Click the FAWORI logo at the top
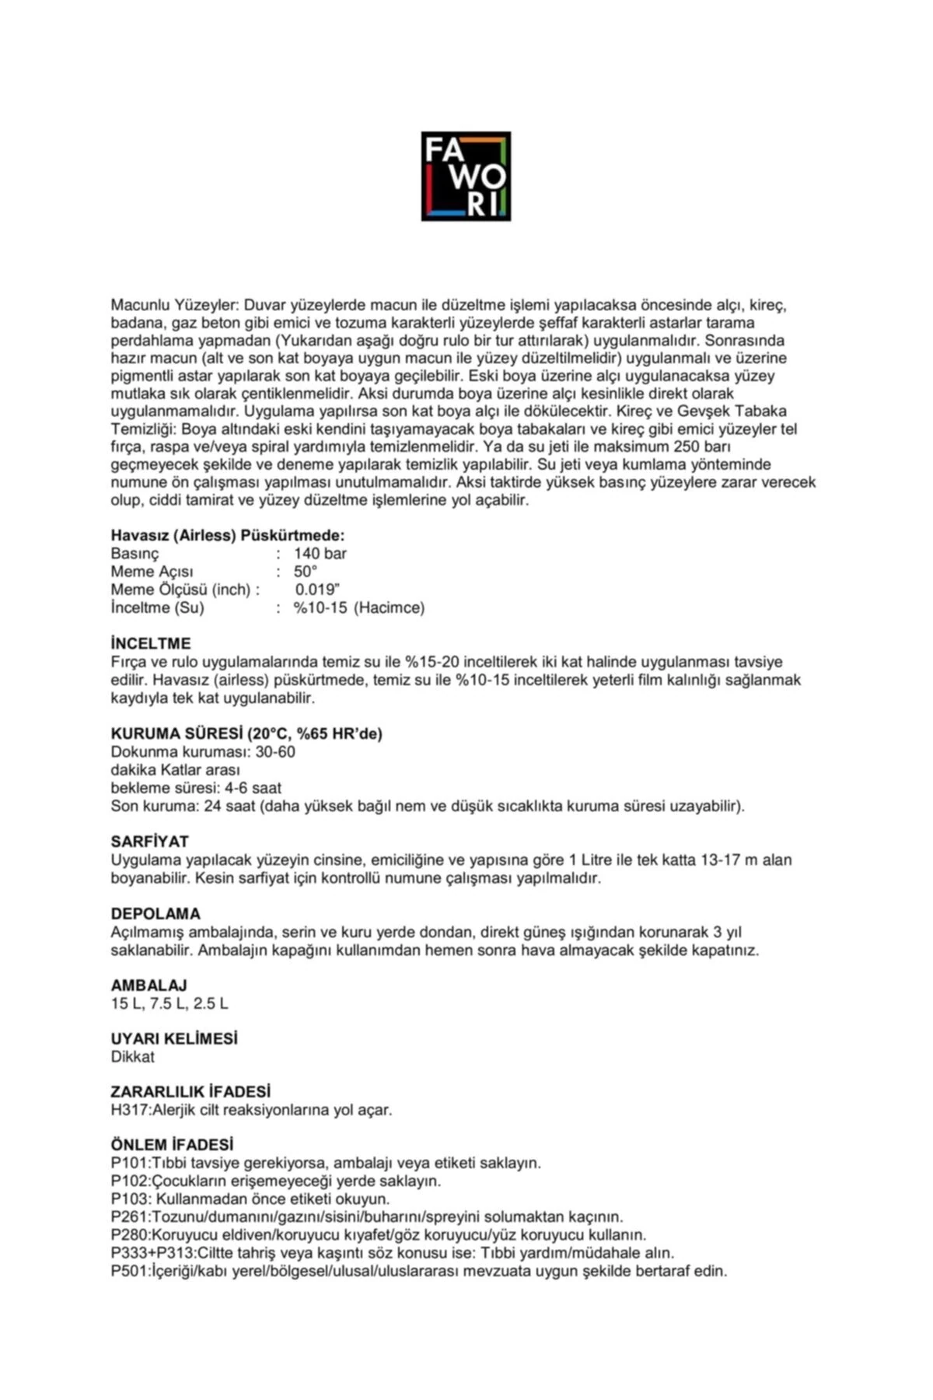coord(466,176)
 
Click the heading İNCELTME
coord(151,644)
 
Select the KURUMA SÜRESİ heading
coord(246,733)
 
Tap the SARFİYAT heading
coord(150,842)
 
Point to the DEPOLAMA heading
coord(155,913)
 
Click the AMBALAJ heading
coord(149,985)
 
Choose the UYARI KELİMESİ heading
coord(174,1038)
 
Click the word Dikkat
coord(133,1057)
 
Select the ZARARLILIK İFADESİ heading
coord(190,1091)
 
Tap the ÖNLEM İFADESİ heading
coord(172,1145)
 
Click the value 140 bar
coord(320,554)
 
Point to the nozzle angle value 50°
coord(306,572)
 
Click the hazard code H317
coord(129,1110)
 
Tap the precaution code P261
coord(129,1216)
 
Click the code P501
coord(129,1272)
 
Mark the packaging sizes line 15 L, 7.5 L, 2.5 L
coord(169,1003)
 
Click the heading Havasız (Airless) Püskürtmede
coord(228,536)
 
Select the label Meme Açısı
coord(152,572)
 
